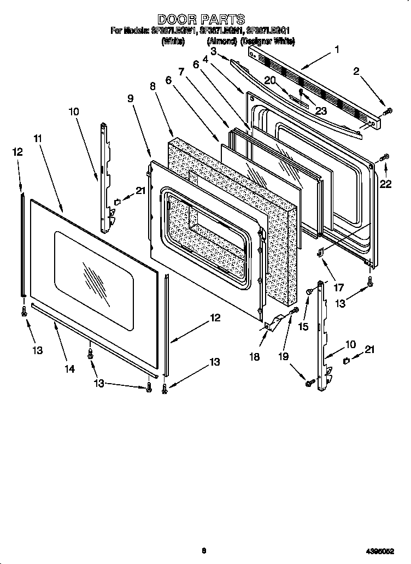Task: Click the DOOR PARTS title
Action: point(201,20)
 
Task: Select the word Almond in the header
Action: point(221,41)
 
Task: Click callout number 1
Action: point(337,50)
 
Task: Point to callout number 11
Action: point(37,139)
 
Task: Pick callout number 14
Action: point(69,369)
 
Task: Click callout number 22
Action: point(385,184)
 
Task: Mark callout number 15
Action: point(304,326)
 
